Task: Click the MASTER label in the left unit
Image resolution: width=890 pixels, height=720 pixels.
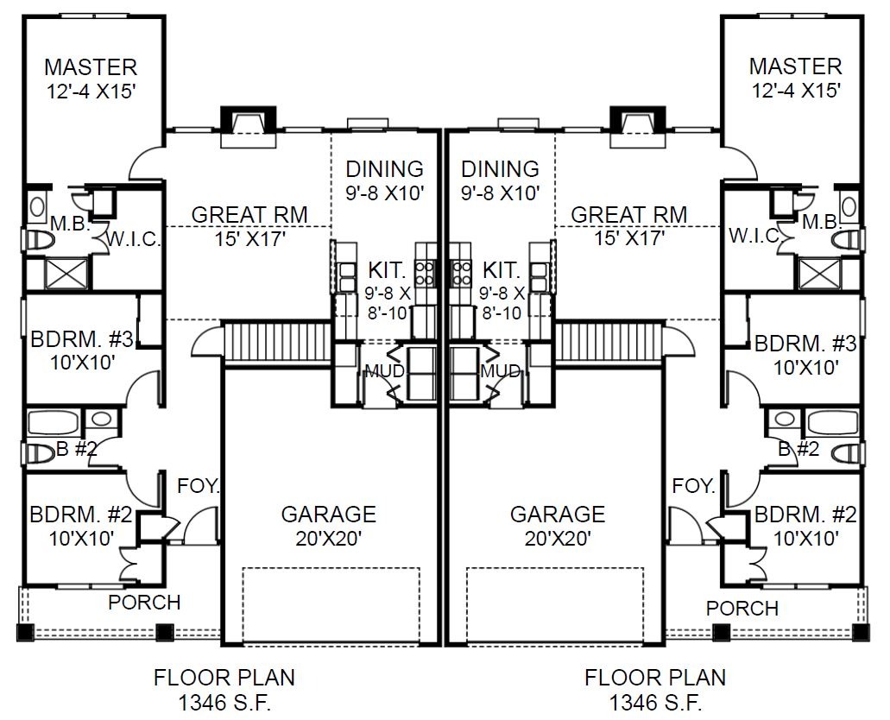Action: tap(91, 67)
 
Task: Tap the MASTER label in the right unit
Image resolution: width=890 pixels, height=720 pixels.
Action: tap(795, 66)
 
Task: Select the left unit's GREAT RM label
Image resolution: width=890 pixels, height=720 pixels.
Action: tap(249, 215)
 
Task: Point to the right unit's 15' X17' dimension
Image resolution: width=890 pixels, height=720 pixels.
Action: tap(629, 238)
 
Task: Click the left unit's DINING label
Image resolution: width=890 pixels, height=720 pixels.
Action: tap(384, 168)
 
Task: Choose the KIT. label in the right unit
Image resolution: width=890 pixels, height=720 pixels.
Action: tap(502, 269)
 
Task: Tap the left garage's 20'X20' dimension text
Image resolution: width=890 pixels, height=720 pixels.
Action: tap(329, 538)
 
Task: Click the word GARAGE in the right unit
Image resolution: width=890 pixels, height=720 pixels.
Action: tap(558, 514)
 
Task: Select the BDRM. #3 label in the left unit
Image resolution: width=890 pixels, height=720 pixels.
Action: tap(81, 339)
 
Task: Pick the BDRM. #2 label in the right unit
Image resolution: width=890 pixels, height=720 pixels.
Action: tap(805, 515)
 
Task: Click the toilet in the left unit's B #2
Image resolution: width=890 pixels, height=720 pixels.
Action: tap(38, 453)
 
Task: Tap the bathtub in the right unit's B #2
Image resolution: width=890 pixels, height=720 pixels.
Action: tap(833, 422)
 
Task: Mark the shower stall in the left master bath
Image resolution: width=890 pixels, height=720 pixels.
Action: tap(66, 274)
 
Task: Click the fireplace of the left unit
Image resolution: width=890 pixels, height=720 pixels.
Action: tap(248, 127)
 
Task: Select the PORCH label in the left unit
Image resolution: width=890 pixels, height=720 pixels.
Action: tap(144, 603)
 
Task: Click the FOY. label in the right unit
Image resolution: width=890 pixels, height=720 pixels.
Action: tap(693, 486)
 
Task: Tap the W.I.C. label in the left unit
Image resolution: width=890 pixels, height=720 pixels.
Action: tap(134, 239)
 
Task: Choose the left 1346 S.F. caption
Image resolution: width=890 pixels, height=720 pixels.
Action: tap(224, 703)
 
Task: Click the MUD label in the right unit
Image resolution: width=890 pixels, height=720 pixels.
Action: tap(500, 371)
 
